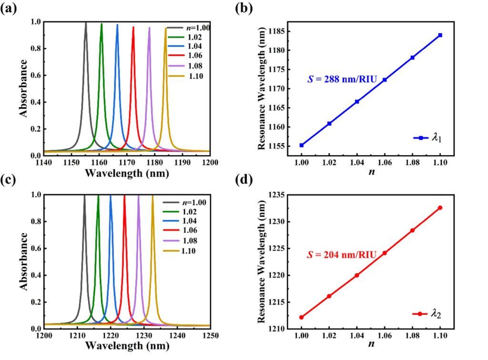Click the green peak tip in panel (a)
102,24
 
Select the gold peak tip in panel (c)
152,196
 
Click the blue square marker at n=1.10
440,35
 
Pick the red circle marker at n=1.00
302,317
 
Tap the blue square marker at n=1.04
357,101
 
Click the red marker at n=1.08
412,230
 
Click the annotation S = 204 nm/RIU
341,255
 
